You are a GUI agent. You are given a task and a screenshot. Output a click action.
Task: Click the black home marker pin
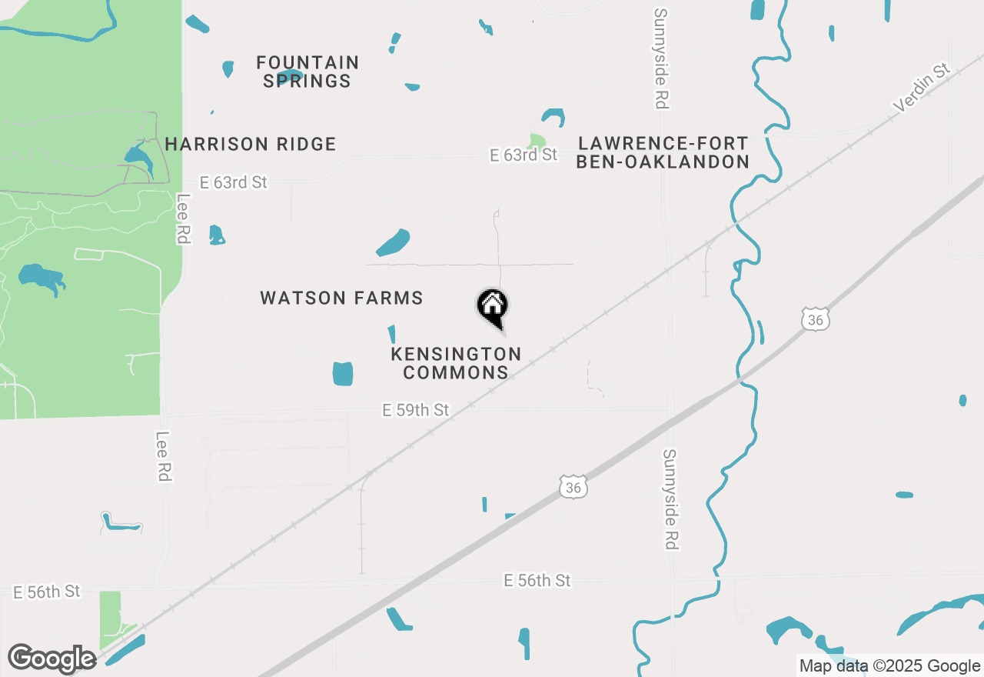pyautogui.click(x=493, y=306)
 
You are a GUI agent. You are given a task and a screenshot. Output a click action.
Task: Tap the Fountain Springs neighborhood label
pyautogui.click(x=307, y=72)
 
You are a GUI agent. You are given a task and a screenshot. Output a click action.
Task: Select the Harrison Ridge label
pyautogui.click(x=251, y=144)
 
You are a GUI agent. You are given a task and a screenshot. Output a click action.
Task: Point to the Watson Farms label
pyautogui.click(x=341, y=298)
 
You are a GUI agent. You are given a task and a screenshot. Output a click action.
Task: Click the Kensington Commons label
pyautogui.click(x=456, y=363)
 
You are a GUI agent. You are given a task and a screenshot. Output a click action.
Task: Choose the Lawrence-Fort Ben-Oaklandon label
pyautogui.click(x=663, y=152)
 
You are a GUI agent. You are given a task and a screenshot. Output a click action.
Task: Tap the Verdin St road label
pyautogui.click(x=923, y=87)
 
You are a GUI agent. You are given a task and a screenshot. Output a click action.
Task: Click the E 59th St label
pyautogui.click(x=415, y=410)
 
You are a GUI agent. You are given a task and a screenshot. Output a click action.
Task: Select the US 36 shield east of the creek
pyautogui.click(x=814, y=319)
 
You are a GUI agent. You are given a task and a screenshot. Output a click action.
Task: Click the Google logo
pyautogui.click(x=52, y=659)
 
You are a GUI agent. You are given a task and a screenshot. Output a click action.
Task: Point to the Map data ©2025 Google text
pyautogui.click(x=889, y=666)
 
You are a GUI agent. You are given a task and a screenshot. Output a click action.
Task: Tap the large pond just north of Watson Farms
pyautogui.click(x=393, y=242)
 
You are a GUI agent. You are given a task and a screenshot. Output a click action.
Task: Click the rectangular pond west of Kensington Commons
pyautogui.click(x=343, y=373)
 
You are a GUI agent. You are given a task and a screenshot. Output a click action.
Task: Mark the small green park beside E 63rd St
pyautogui.click(x=537, y=142)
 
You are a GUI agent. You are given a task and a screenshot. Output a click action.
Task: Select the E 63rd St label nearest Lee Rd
pyautogui.click(x=233, y=182)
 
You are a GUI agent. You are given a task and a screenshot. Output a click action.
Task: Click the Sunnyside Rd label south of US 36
pyautogui.click(x=670, y=499)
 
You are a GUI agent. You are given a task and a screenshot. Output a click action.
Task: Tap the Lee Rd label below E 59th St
pyautogui.click(x=162, y=456)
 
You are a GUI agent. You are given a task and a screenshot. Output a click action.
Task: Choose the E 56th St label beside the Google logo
pyautogui.click(x=46, y=592)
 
